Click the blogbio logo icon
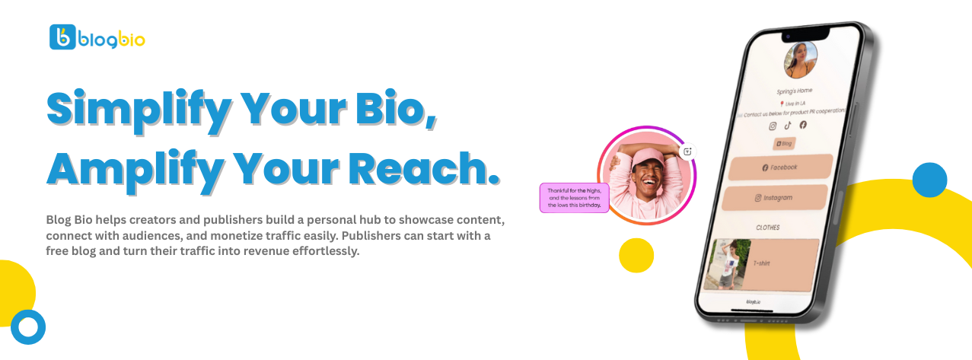pyautogui.click(x=62, y=37)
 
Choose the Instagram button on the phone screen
pyautogui.click(x=773, y=198)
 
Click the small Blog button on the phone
pyautogui.click(x=783, y=143)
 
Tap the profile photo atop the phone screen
pyautogui.click(x=800, y=59)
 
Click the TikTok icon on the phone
pyautogui.click(x=788, y=126)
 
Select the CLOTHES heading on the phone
pyautogui.click(x=767, y=227)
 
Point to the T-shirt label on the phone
pyautogui.click(x=762, y=263)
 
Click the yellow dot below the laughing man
pyautogui.click(x=636, y=255)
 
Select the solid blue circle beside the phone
pyautogui.click(x=929, y=180)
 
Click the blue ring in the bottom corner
pyautogui.click(x=28, y=327)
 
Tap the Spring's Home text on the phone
pyautogui.click(x=794, y=91)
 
